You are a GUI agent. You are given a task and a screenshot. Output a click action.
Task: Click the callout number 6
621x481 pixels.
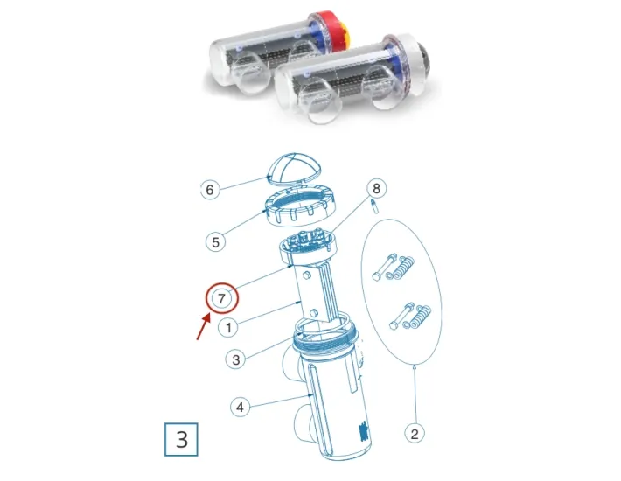pos(208,189)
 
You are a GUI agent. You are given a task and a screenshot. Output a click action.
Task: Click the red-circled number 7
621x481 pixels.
pos(222,298)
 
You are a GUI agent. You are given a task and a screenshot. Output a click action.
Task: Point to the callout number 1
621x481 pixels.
pos(227,329)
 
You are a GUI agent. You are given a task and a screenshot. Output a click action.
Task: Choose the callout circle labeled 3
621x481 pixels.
pos(235,359)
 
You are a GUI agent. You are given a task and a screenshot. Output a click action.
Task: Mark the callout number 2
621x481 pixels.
pos(414,431)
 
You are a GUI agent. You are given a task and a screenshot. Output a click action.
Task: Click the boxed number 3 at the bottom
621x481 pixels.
pos(182,437)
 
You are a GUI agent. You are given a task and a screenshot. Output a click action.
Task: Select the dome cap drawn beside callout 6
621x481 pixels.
pos(293,171)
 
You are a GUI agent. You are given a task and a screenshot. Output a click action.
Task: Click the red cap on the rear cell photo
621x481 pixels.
pos(336,30)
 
